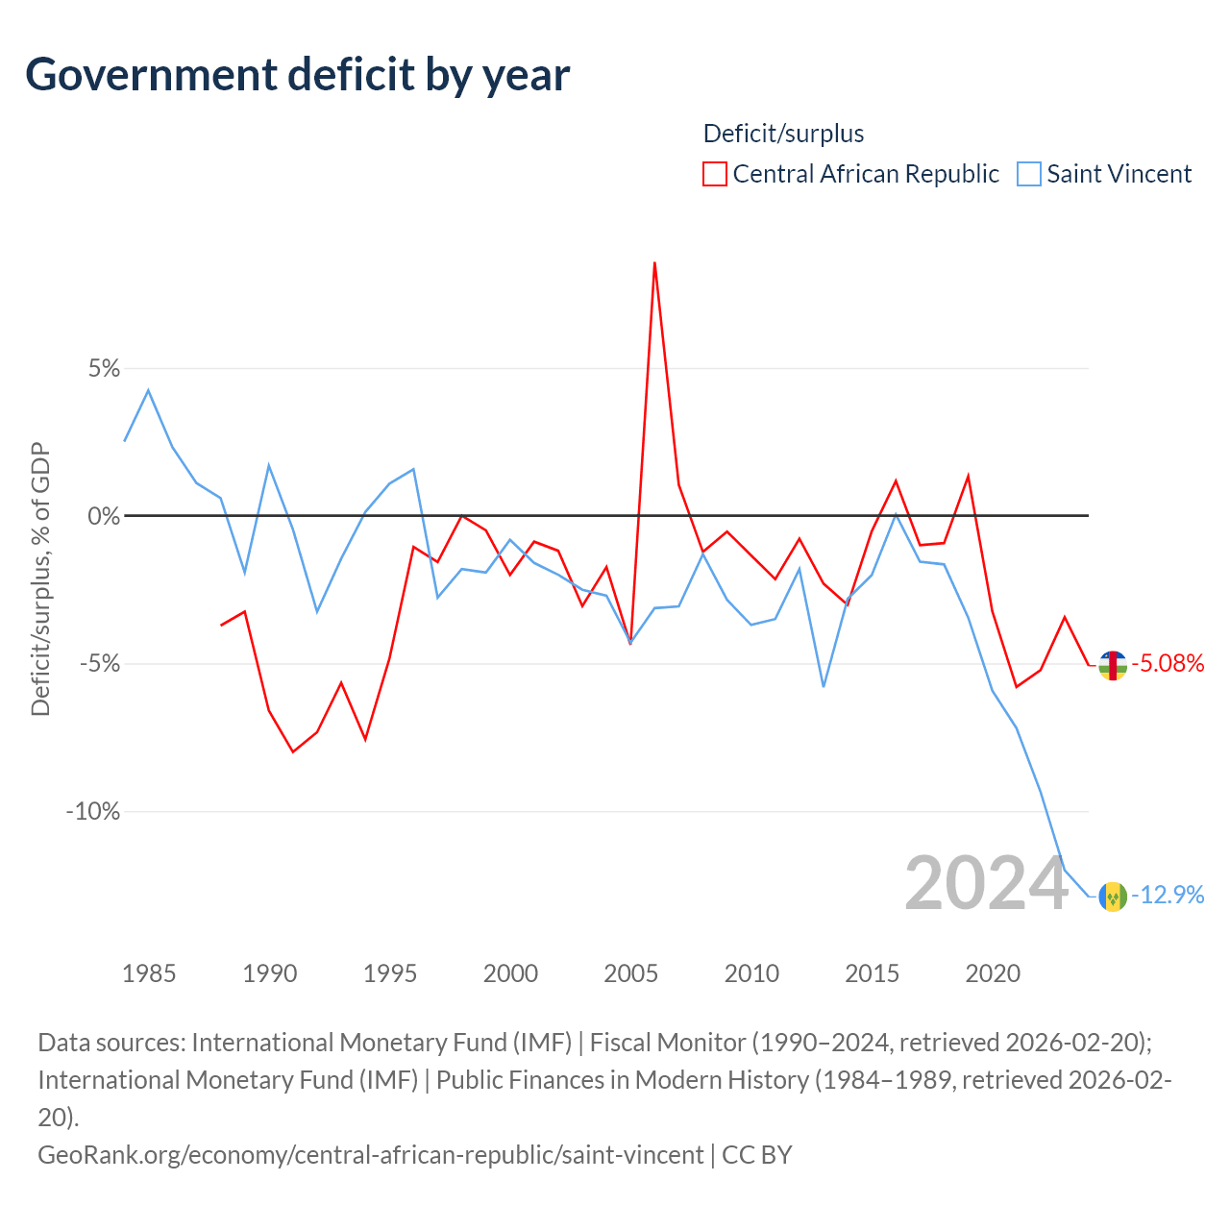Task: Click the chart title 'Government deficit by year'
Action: (297, 75)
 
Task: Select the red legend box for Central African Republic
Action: (714, 174)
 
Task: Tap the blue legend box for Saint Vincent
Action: (1028, 174)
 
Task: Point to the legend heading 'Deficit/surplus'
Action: (783, 134)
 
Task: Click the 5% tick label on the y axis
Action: (104, 368)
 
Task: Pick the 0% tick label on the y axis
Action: (104, 516)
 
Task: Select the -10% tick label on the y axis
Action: (93, 811)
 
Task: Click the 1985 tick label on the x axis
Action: (149, 973)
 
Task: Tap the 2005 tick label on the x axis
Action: (630, 973)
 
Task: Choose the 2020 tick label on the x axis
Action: (993, 973)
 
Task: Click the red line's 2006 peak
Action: (654, 263)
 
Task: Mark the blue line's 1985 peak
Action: (148, 390)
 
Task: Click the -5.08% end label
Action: (1168, 663)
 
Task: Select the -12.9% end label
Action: (1168, 895)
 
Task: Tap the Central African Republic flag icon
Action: (1113, 665)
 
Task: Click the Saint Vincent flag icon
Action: (1113, 897)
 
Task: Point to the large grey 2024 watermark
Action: (987, 884)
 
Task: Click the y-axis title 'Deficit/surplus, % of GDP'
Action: (40, 578)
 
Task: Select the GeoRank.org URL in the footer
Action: (371, 1155)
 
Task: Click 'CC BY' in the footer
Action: (757, 1155)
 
